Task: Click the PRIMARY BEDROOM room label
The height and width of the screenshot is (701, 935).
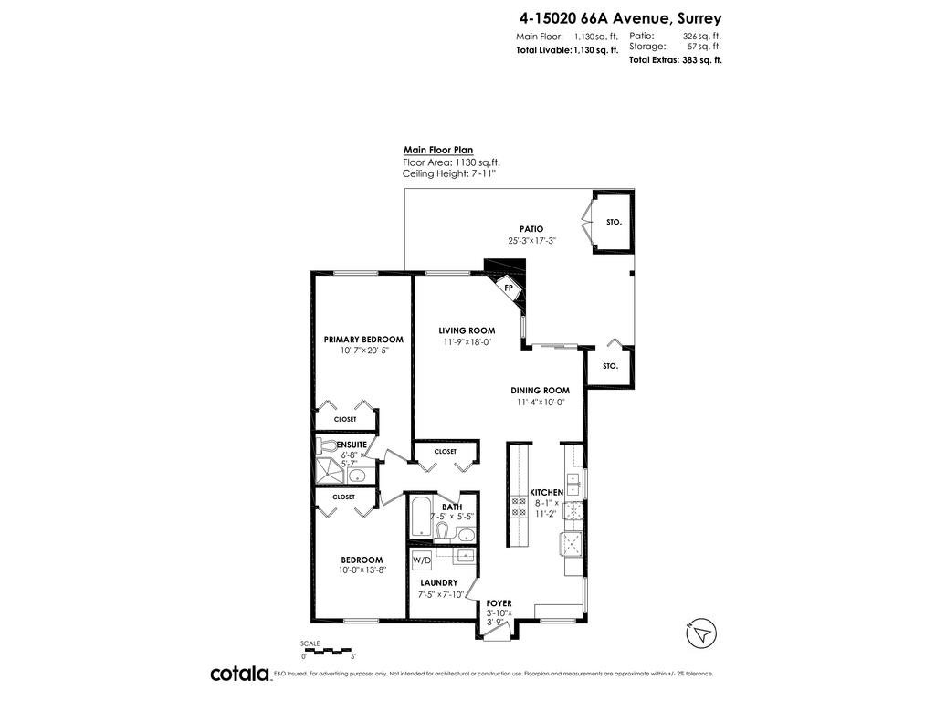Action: click(363, 340)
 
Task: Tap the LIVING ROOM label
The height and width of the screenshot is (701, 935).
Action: click(467, 330)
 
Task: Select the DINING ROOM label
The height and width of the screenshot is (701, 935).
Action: click(540, 391)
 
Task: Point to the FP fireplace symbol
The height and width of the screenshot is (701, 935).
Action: click(509, 288)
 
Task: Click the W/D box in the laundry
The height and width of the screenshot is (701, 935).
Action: click(422, 560)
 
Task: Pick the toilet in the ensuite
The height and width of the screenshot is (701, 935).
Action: click(327, 445)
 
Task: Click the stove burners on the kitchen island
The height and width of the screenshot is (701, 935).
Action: click(519, 506)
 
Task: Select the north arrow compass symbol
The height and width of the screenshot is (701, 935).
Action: click(701, 633)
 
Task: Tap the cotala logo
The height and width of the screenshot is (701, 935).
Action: click(240, 674)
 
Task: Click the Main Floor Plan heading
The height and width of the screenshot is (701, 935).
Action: click(438, 151)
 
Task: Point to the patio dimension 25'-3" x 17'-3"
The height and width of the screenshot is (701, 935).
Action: click(532, 241)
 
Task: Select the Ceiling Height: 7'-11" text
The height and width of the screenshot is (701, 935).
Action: click(449, 173)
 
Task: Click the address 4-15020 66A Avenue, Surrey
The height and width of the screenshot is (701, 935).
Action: click(620, 19)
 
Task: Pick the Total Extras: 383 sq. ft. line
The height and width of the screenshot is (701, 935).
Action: click(675, 59)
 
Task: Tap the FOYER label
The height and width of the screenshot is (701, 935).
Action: click(499, 603)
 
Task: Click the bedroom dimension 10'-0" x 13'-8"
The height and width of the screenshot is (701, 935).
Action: click(362, 570)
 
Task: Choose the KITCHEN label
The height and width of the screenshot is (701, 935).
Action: click(547, 492)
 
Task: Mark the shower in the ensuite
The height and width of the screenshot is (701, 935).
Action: click(331, 471)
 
